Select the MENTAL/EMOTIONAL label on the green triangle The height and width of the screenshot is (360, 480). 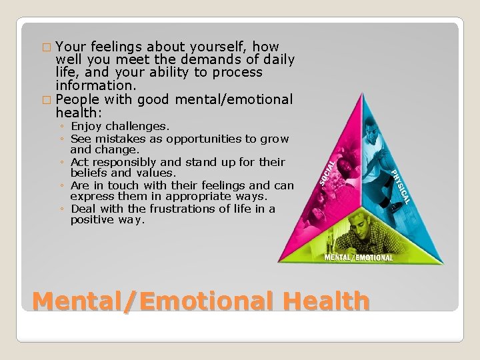[x=358, y=257]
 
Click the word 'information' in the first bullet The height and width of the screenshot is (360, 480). [x=95, y=85]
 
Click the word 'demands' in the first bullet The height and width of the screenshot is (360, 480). [x=196, y=60]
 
